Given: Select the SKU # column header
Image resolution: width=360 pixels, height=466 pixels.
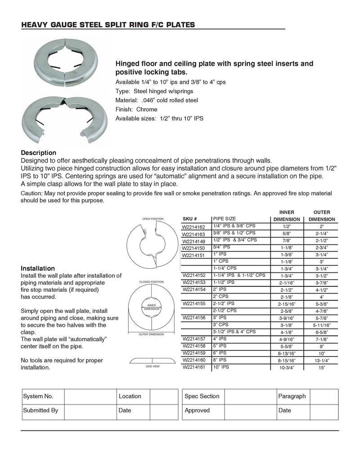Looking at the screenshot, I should click(189, 219).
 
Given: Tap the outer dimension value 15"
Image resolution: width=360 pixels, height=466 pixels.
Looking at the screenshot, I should click(322, 368).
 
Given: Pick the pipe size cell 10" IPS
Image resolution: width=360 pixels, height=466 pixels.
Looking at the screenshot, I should click(221, 367).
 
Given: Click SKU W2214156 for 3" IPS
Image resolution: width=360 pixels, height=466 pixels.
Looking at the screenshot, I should click(193, 318).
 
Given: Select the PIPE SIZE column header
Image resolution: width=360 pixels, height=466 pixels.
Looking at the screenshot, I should click(225, 219).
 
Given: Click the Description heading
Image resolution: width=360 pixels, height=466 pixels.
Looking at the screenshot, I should click(38, 153).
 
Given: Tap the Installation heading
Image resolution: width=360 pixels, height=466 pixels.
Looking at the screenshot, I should click(38, 268).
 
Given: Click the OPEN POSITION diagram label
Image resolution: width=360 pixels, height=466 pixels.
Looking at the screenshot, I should click(153, 219).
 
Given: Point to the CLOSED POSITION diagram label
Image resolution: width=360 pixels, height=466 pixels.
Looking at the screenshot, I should click(151, 282).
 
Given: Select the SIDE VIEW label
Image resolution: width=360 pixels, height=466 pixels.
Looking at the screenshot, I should click(152, 367).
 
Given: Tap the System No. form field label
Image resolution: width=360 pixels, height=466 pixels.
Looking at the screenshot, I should click(38, 396).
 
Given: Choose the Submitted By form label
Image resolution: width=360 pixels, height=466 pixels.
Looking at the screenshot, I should click(40, 410).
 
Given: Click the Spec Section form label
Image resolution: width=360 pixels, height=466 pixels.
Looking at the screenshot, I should click(202, 396).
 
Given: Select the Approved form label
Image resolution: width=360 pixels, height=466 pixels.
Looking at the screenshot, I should click(197, 410).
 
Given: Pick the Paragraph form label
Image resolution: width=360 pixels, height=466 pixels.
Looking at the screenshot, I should click(292, 396).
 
